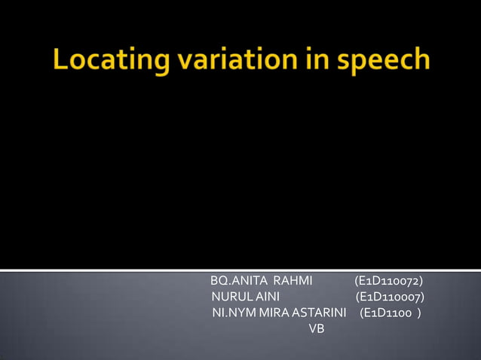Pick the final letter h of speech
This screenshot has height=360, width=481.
tap(421, 59)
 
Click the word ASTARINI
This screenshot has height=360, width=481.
tap(319, 312)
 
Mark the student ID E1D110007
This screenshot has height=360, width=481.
tap(389, 297)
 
